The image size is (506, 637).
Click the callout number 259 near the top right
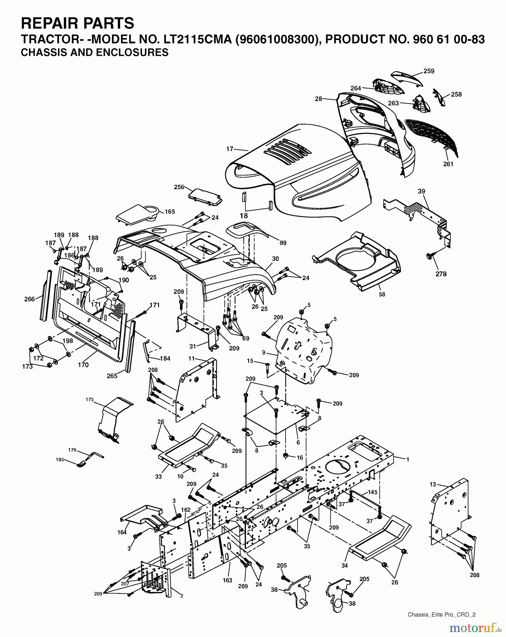click(x=429, y=71)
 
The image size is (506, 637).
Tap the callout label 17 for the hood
click(x=230, y=149)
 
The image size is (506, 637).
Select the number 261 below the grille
click(x=448, y=164)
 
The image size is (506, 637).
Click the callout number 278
click(x=441, y=274)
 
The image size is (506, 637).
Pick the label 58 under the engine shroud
click(x=382, y=294)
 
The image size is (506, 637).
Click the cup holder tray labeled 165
click(x=138, y=214)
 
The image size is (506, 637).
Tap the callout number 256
click(x=179, y=187)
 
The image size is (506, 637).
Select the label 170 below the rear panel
click(x=83, y=365)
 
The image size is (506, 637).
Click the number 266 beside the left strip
click(x=30, y=299)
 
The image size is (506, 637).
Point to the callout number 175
click(x=89, y=399)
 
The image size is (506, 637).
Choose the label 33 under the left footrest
click(x=158, y=477)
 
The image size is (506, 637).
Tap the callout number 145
click(x=372, y=492)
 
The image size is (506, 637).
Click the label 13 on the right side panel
click(x=433, y=484)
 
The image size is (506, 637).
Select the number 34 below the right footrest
click(x=345, y=566)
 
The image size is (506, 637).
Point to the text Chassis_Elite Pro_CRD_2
click(x=441, y=614)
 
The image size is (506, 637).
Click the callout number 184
click(x=165, y=358)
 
